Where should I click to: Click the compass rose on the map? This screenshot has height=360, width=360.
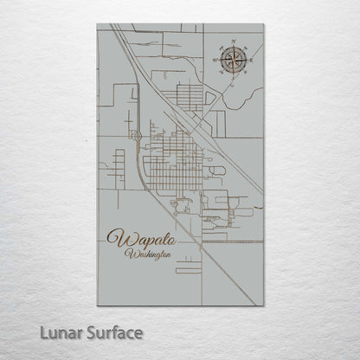[233, 61]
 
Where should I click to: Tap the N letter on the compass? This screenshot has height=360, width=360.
[233, 42]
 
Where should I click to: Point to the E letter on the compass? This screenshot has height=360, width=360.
[251, 61]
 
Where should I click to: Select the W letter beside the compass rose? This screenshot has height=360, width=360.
[215, 61]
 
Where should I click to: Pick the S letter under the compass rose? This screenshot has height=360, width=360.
[233, 79]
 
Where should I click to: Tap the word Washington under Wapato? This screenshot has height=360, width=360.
[147, 254]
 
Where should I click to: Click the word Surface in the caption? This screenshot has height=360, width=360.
[111, 331]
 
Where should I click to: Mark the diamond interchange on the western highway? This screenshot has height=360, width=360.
[138, 135]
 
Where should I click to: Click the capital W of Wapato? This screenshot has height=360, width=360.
[116, 237]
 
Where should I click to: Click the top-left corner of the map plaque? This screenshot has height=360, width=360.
[97, 24]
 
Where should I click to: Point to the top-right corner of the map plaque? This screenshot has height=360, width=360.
[264, 24]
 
